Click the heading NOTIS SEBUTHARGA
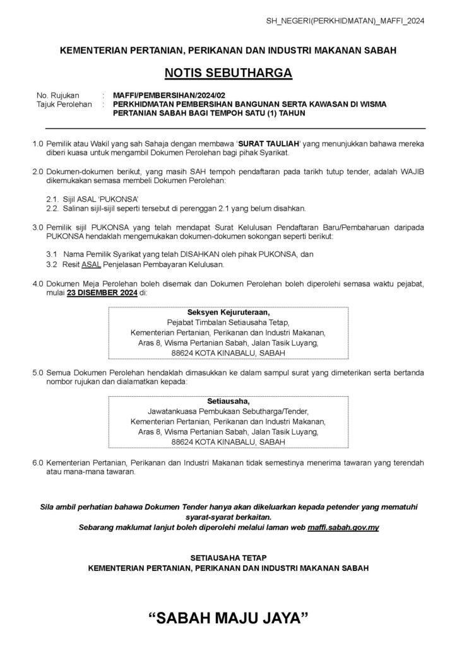228,73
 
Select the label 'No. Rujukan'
55,95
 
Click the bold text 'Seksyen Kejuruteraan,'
228,312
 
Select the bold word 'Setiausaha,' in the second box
228,401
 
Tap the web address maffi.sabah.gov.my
343,527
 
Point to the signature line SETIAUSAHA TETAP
228,558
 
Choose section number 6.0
38,462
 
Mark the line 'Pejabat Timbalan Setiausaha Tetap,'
228,322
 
